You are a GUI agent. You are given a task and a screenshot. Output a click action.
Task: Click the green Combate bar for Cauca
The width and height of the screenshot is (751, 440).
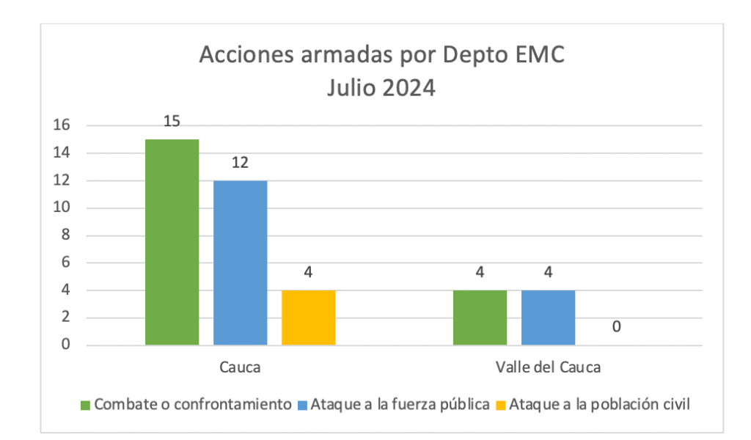pos(172,242)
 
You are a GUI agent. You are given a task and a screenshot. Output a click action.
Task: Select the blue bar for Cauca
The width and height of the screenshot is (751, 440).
pos(240,263)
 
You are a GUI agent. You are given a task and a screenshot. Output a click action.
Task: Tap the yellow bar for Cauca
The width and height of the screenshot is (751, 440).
pos(308,318)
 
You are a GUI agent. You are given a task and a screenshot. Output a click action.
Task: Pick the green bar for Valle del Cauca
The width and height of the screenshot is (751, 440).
pos(480,318)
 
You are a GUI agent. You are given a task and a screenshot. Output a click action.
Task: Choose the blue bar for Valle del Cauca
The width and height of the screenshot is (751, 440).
pos(548,318)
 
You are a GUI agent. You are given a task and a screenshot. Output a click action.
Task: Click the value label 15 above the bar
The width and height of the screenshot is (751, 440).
pos(172,122)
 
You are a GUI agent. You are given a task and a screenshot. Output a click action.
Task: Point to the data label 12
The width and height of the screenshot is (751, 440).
pos(240,163)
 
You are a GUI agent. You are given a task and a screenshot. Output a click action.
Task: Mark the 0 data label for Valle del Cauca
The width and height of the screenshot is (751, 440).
pos(617,326)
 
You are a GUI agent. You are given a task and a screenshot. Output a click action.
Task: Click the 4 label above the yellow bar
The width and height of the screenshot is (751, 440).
pos(308,273)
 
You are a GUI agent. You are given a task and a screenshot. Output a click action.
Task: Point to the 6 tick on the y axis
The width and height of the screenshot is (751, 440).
pos(65,263)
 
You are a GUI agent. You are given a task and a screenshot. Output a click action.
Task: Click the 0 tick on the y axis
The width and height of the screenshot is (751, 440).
pos(65,345)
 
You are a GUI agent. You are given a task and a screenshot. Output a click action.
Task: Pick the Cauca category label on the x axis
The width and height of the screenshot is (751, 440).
pos(240,367)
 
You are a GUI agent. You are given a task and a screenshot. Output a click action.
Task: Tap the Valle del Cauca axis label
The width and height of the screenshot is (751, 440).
pos(548,367)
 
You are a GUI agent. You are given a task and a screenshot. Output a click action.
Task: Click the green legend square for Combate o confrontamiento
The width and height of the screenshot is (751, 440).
pos(85,405)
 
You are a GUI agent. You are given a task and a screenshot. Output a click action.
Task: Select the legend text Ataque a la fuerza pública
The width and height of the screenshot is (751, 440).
pos(400,404)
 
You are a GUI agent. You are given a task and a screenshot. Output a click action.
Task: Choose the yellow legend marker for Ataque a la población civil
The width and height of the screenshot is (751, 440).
pos(501,405)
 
